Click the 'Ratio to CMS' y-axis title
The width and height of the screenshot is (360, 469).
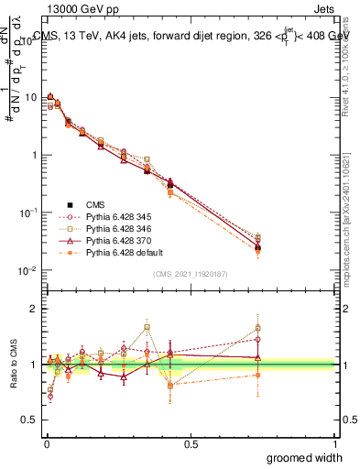click(x=14, y=365)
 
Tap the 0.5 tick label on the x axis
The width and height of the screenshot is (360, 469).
click(x=191, y=442)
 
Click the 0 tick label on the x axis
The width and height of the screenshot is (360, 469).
click(x=47, y=442)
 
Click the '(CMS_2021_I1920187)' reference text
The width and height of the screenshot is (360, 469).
click(x=191, y=273)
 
